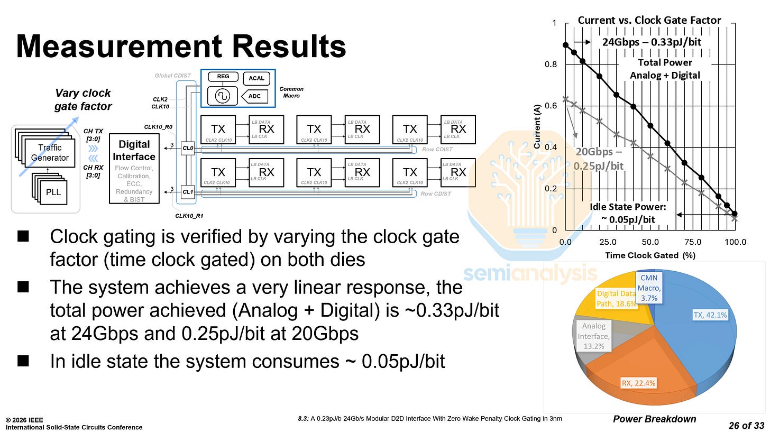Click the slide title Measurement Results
[181, 47]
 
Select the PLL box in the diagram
[53, 191]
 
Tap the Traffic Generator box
[50, 153]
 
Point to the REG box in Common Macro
[223, 77]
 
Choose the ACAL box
[256, 79]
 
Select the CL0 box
[188, 149]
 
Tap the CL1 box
[188, 192]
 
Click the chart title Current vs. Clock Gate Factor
[649, 20]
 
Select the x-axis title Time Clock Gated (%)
[650, 255]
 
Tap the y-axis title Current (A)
[537, 126]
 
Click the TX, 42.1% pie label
[710, 315]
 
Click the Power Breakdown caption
[654, 419]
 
